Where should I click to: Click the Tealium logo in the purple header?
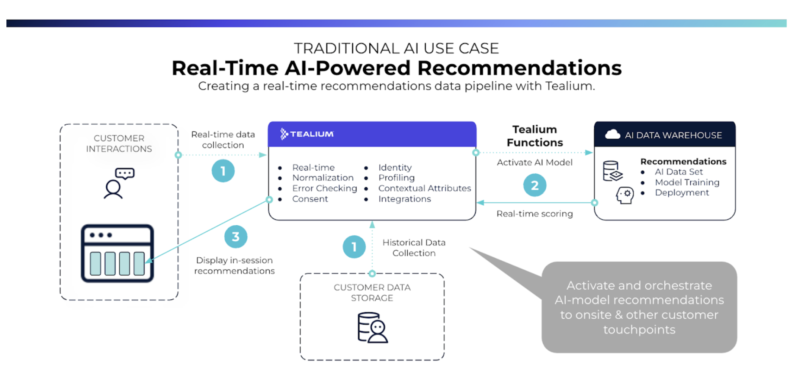click(x=307, y=134)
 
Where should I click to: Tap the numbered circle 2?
click(x=534, y=185)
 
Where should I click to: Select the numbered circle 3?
click(x=236, y=237)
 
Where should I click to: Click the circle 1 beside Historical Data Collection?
click(x=354, y=247)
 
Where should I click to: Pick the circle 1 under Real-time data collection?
click(x=223, y=171)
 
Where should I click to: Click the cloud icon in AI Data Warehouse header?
click(x=612, y=135)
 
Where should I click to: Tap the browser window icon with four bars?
click(x=117, y=253)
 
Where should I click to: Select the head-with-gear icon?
click(x=624, y=195)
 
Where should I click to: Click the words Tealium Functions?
click(x=535, y=136)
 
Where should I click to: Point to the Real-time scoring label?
click(x=534, y=214)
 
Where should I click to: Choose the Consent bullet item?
click(x=310, y=199)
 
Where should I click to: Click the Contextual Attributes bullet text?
click(x=424, y=188)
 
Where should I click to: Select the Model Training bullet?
click(x=687, y=182)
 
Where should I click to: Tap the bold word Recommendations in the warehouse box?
click(x=683, y=161)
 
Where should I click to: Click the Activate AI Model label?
click(x=534, y=163)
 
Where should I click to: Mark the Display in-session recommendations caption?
click(x=234, y=266)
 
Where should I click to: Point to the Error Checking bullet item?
click(x=324, y=188)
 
